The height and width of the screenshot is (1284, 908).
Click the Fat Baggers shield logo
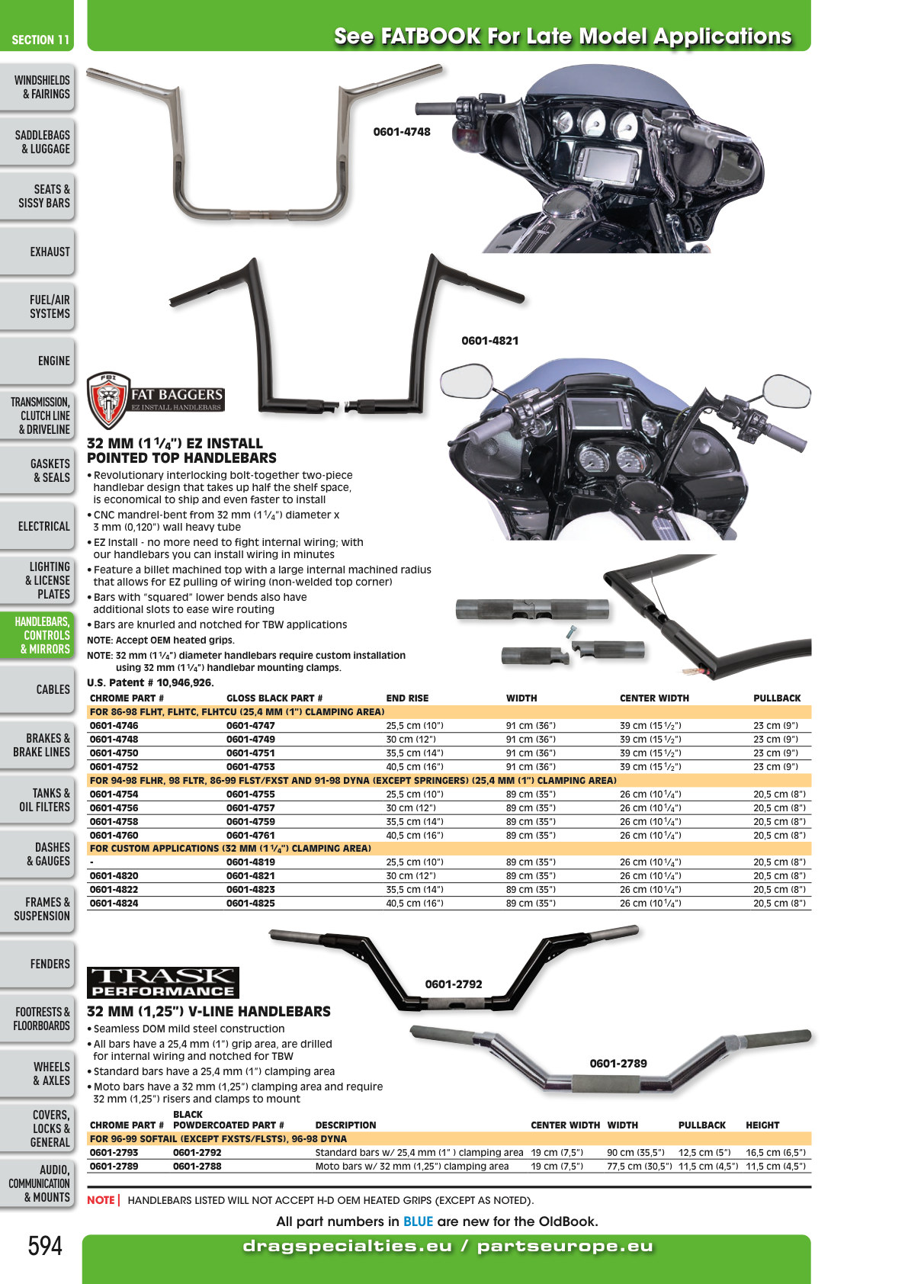(108, 400)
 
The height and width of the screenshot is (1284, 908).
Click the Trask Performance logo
(163, 983)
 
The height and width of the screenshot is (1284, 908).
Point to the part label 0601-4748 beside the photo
(401, 132)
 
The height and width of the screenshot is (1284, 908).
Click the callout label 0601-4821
(489, 341)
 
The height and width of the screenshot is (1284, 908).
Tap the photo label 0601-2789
(618, 1064)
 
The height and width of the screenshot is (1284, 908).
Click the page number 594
(45, 1246)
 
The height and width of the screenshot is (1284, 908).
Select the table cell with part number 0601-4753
(251, 766)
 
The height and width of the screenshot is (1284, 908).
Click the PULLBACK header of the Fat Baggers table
(777, 698)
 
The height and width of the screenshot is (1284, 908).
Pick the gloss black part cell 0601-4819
(251, 862)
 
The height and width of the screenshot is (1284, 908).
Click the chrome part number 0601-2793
(114, 1152)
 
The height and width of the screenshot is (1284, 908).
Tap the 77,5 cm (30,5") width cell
(639, 1166)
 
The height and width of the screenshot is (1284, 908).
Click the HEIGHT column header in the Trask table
(762, 1125)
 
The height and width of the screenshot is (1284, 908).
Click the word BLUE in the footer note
(418, 1221)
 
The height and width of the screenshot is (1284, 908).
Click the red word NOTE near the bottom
(101, 1199)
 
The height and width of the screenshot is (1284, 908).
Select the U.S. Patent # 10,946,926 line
(150, 682)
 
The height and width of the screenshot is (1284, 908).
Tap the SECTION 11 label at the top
(40, 40)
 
